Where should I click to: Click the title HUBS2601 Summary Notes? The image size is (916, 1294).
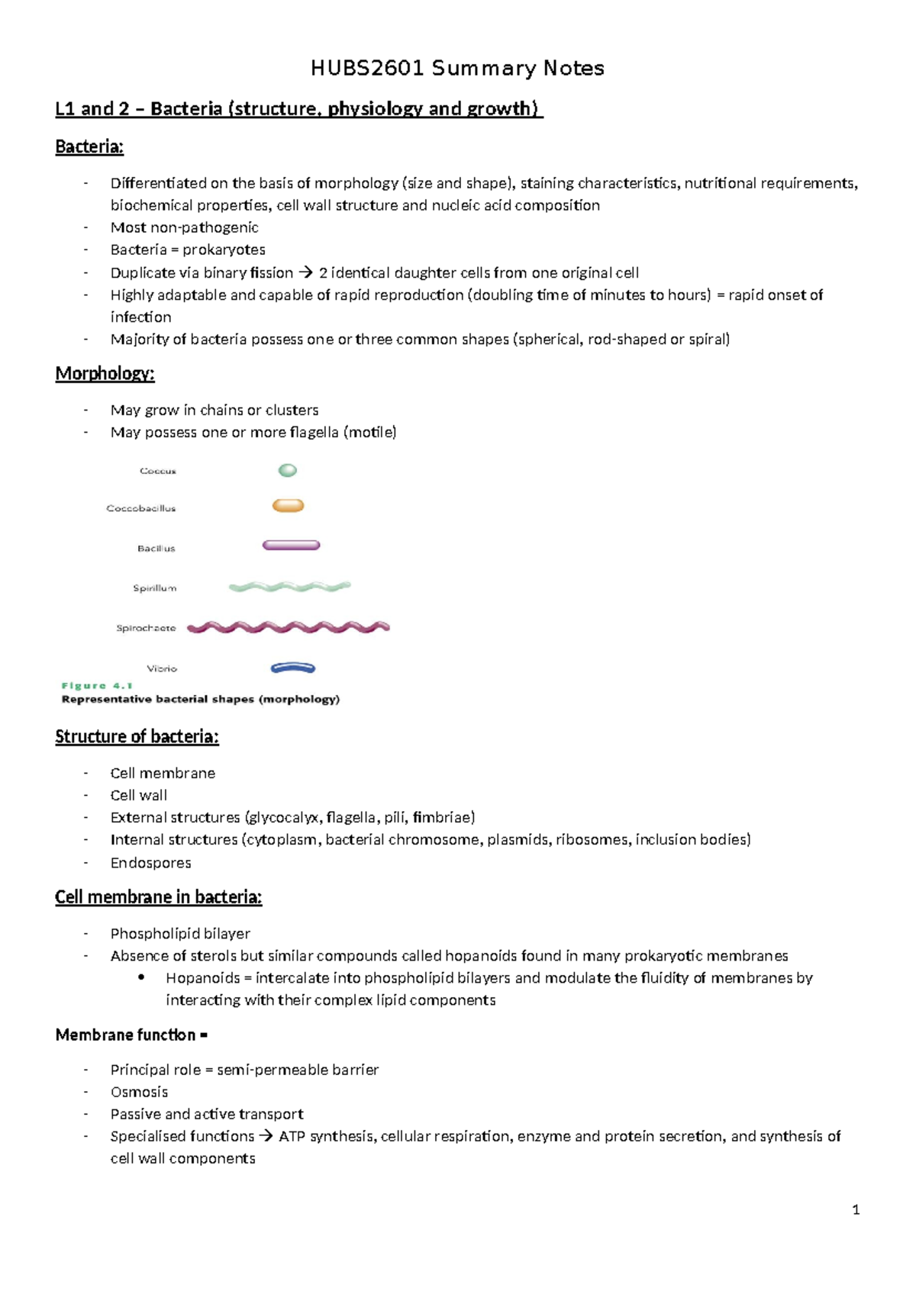457,69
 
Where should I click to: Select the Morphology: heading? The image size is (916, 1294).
105,374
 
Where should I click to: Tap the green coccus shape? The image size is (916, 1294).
288,471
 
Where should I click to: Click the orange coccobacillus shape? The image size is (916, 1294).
289,506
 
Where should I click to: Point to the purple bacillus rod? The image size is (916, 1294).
291,546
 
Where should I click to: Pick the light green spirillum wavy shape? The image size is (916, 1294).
290,587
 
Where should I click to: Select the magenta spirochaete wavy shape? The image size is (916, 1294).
289,627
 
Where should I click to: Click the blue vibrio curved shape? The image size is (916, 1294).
293,668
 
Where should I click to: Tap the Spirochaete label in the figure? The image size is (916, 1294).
146,629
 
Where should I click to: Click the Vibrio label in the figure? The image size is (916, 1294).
162,669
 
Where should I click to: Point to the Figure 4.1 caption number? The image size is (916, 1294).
97,686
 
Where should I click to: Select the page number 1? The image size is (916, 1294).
856,1209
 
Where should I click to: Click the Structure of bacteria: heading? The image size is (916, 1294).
137,737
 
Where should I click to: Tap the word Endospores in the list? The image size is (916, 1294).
150,863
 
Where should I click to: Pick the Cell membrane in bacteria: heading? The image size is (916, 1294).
158,897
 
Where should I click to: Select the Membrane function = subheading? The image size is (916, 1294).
131,1035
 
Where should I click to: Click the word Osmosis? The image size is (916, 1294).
139,1092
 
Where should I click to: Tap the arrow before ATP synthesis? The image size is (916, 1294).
266,1137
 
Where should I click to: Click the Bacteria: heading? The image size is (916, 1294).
89,147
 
